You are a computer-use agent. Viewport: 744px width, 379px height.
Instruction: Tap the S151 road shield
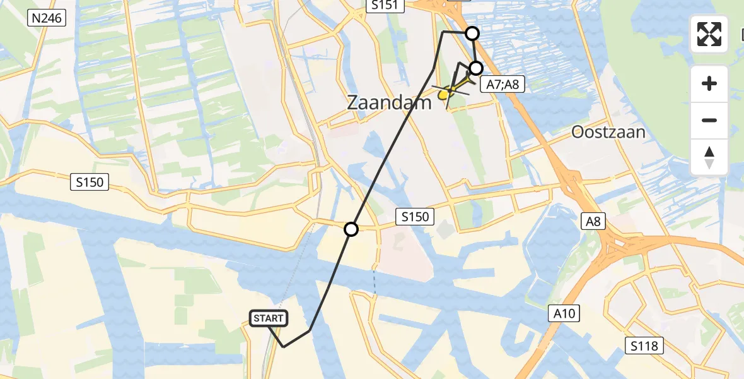click(x=383, y=5)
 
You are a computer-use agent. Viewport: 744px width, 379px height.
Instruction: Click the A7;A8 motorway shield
click(x=503, y=84)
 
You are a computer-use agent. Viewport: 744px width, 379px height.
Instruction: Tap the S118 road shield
click(x=644, y=346)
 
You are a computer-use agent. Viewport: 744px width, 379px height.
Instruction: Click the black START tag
click(x=269, y=318)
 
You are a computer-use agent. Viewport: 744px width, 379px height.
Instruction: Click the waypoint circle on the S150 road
click(x=351, y=229)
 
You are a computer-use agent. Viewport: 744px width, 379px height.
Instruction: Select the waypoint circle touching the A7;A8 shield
click(x=476, y=68)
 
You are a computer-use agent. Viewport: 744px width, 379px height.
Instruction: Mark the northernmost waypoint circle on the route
click(x=472, y=33)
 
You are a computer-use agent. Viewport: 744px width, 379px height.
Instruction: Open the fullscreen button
click(x=709, y=34)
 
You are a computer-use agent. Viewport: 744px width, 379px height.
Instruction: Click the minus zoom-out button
click(x=709, y=121)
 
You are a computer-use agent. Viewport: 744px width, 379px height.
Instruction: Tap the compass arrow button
click(x=709, y=157)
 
